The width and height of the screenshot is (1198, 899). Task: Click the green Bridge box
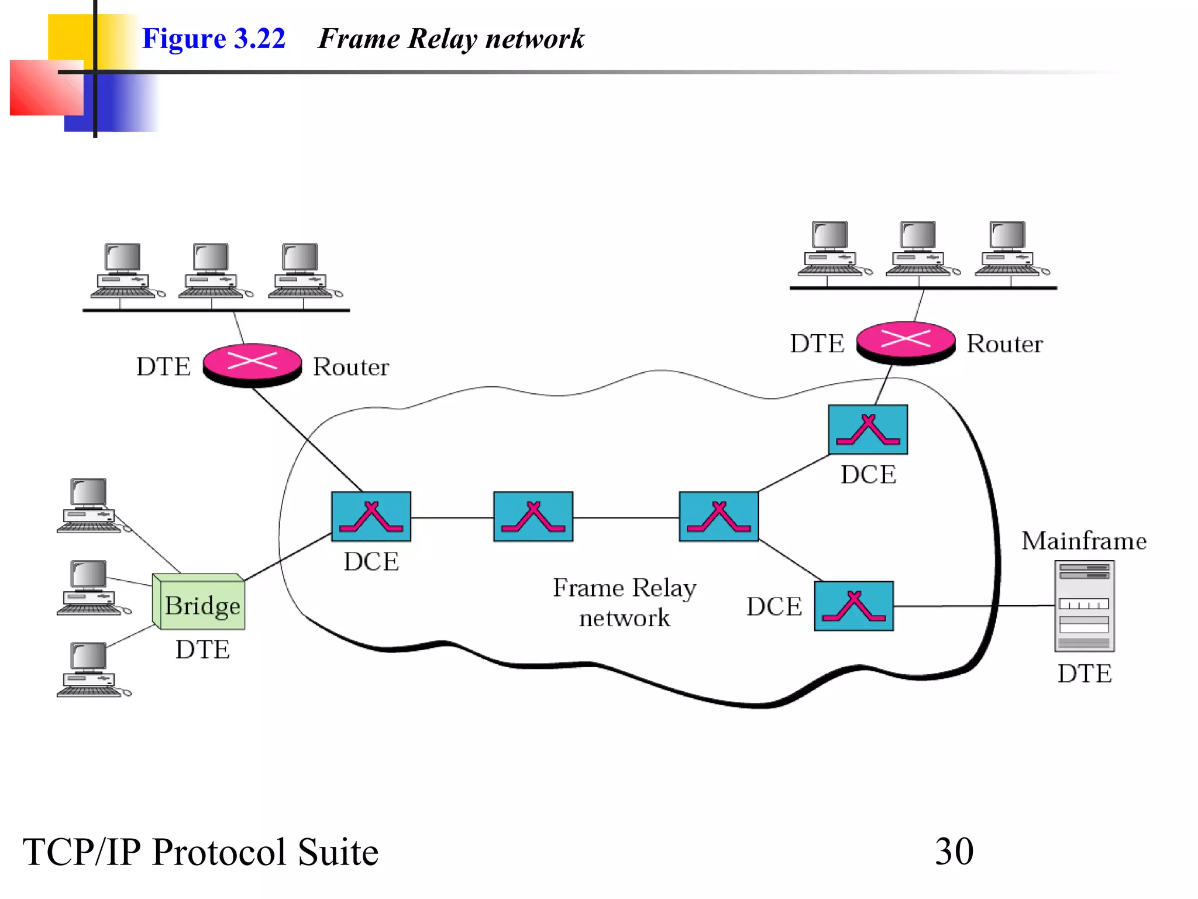(199, 603)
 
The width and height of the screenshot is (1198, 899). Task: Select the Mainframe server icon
(1084, 606)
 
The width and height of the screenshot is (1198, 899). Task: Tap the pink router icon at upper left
(252, 363)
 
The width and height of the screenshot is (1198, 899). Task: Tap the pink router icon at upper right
(906, 341)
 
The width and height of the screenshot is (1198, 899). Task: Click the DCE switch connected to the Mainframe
(853, 606)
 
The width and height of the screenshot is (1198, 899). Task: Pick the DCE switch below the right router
(867, 430)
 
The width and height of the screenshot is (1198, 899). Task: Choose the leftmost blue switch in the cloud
(371, 516)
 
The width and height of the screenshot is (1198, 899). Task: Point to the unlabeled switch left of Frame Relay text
(533, 516)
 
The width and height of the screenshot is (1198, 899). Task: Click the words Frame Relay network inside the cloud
(624, 602)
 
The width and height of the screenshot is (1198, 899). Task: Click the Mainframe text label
(1083, 541)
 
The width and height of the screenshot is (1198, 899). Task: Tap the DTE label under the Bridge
(202, 650)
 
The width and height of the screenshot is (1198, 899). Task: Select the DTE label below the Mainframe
(1084, 674)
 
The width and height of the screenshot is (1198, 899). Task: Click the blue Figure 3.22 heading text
(214, 39)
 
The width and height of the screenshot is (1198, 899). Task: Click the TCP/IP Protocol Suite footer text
(200, 852)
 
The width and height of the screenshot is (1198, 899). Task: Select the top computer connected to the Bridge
(89, 505)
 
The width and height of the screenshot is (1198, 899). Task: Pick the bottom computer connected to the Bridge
(89, 669)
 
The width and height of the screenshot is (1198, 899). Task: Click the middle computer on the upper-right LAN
(918, 248)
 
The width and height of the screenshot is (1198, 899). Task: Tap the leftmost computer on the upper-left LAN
(123, 270)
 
